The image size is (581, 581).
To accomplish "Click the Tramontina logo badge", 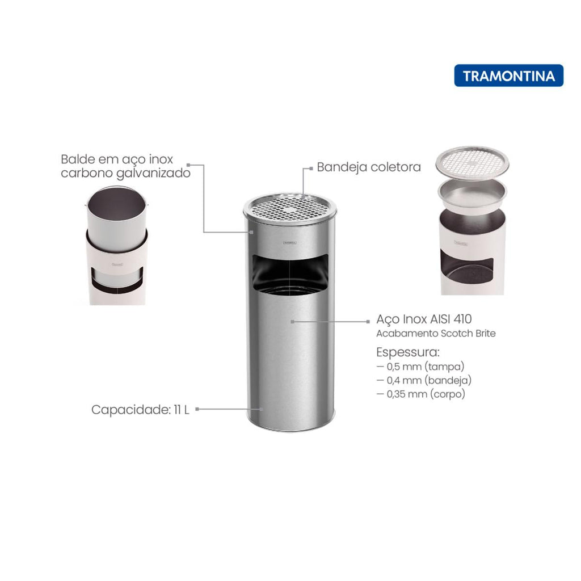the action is point(508,75).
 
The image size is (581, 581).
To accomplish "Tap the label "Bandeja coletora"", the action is point(369,167).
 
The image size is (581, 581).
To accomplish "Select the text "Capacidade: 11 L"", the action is point(140,410).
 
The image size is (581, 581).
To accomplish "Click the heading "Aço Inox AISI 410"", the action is point(424,319).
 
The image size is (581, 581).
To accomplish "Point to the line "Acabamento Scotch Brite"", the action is point(436,334).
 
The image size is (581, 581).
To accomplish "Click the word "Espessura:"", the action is point(407,352).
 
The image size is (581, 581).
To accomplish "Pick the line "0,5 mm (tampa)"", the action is point(420,367).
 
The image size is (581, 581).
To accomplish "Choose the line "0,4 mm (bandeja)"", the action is point(424,380).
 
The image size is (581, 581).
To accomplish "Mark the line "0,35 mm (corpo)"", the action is point(420,394).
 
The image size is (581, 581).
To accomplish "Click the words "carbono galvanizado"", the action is point(125,173).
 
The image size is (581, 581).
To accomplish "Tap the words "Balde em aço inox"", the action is point(117,159).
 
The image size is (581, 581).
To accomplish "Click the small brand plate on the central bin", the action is point(290,243).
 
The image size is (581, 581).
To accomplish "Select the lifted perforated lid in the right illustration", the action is point(472,163).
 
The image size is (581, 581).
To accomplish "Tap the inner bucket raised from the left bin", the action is point(116,219).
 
